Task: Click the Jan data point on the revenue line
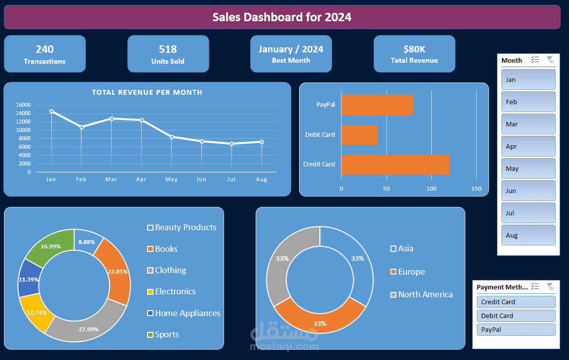(x=51, y=112)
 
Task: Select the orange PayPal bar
(x=377, y=105)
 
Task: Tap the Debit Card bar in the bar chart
(x=359, y=135)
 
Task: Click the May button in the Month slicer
(x=528, y=168)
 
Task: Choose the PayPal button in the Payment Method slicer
(x=516, y=329)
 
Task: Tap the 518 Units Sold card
(x=168, y=54)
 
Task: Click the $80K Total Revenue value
(x=414, y=49)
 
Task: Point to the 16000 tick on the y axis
(x=23, y=105)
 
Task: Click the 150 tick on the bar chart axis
(x=476, y=189)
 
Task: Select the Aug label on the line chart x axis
(x=262, y=180)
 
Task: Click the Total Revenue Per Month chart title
(x=147, y=92)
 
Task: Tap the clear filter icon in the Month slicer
(x=550, y=60)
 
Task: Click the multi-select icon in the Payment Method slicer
(x=535, y=286)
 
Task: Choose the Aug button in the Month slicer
(x=528, y=235)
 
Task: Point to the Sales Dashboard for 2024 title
(x=282, y=17)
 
